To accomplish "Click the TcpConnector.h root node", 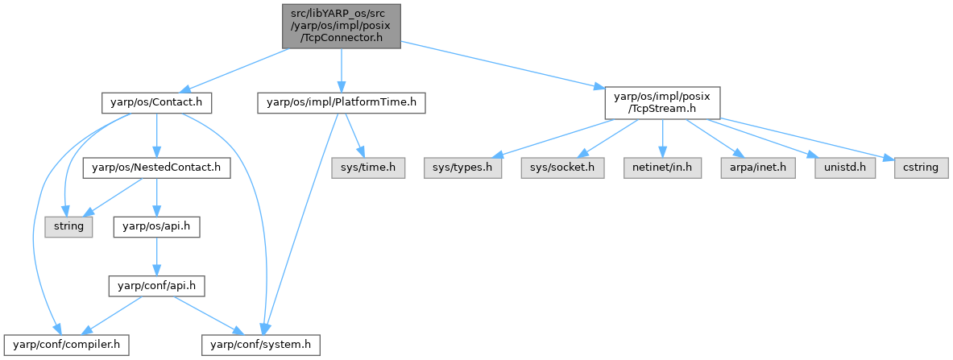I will point(340,26).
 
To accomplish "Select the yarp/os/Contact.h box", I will point(156,103).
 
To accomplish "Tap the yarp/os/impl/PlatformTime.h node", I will point(341,103).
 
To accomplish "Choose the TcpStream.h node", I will point(661,103).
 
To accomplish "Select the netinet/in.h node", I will point(661,168).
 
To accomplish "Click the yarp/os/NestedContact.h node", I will point(156,168).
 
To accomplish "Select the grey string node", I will point(68,226).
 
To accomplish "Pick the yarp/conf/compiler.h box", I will point(64,345).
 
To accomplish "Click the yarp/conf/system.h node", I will point(260,345).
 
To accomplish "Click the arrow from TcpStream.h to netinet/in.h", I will point(661,139).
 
